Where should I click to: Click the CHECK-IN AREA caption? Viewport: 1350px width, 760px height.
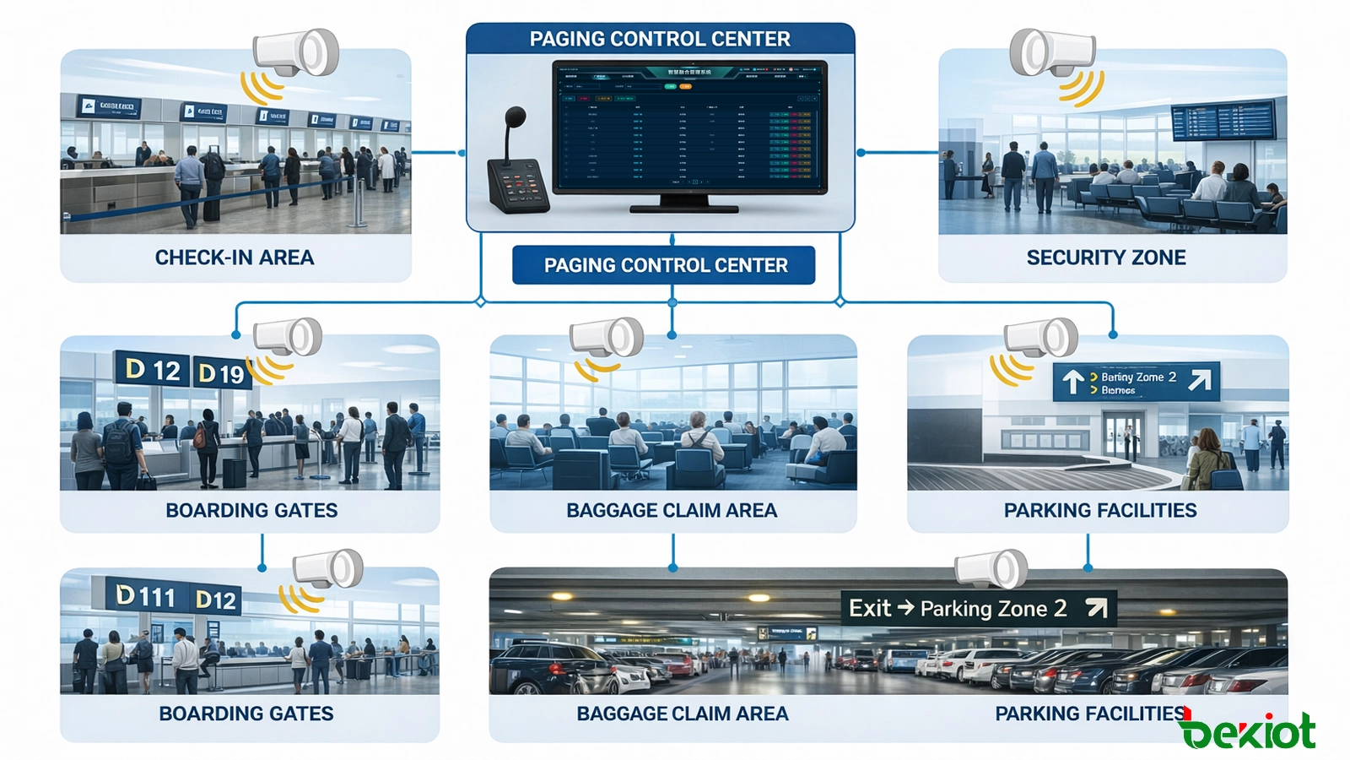235,258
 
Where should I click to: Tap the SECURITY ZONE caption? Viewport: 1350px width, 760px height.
1105,258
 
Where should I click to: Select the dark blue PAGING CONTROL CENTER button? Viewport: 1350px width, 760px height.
664,265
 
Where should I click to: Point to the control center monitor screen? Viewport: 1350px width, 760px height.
689,126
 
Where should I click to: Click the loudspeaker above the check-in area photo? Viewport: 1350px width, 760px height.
297,52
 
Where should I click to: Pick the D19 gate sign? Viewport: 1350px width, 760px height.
220,373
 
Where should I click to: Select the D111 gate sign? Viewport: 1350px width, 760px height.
145,596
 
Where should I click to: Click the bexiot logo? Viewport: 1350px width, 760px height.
1248,731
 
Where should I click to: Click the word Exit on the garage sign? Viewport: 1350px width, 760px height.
870,608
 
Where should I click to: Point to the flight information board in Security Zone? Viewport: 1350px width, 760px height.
1223,120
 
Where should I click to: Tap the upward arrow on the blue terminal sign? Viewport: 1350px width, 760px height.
1072,383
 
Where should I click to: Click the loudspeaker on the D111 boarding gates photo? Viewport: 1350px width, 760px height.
328,569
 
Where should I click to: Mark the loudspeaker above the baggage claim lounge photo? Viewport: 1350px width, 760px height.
607,337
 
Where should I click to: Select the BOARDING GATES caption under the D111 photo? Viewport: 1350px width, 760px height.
246,714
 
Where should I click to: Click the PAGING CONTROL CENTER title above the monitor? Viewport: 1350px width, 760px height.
660,39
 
